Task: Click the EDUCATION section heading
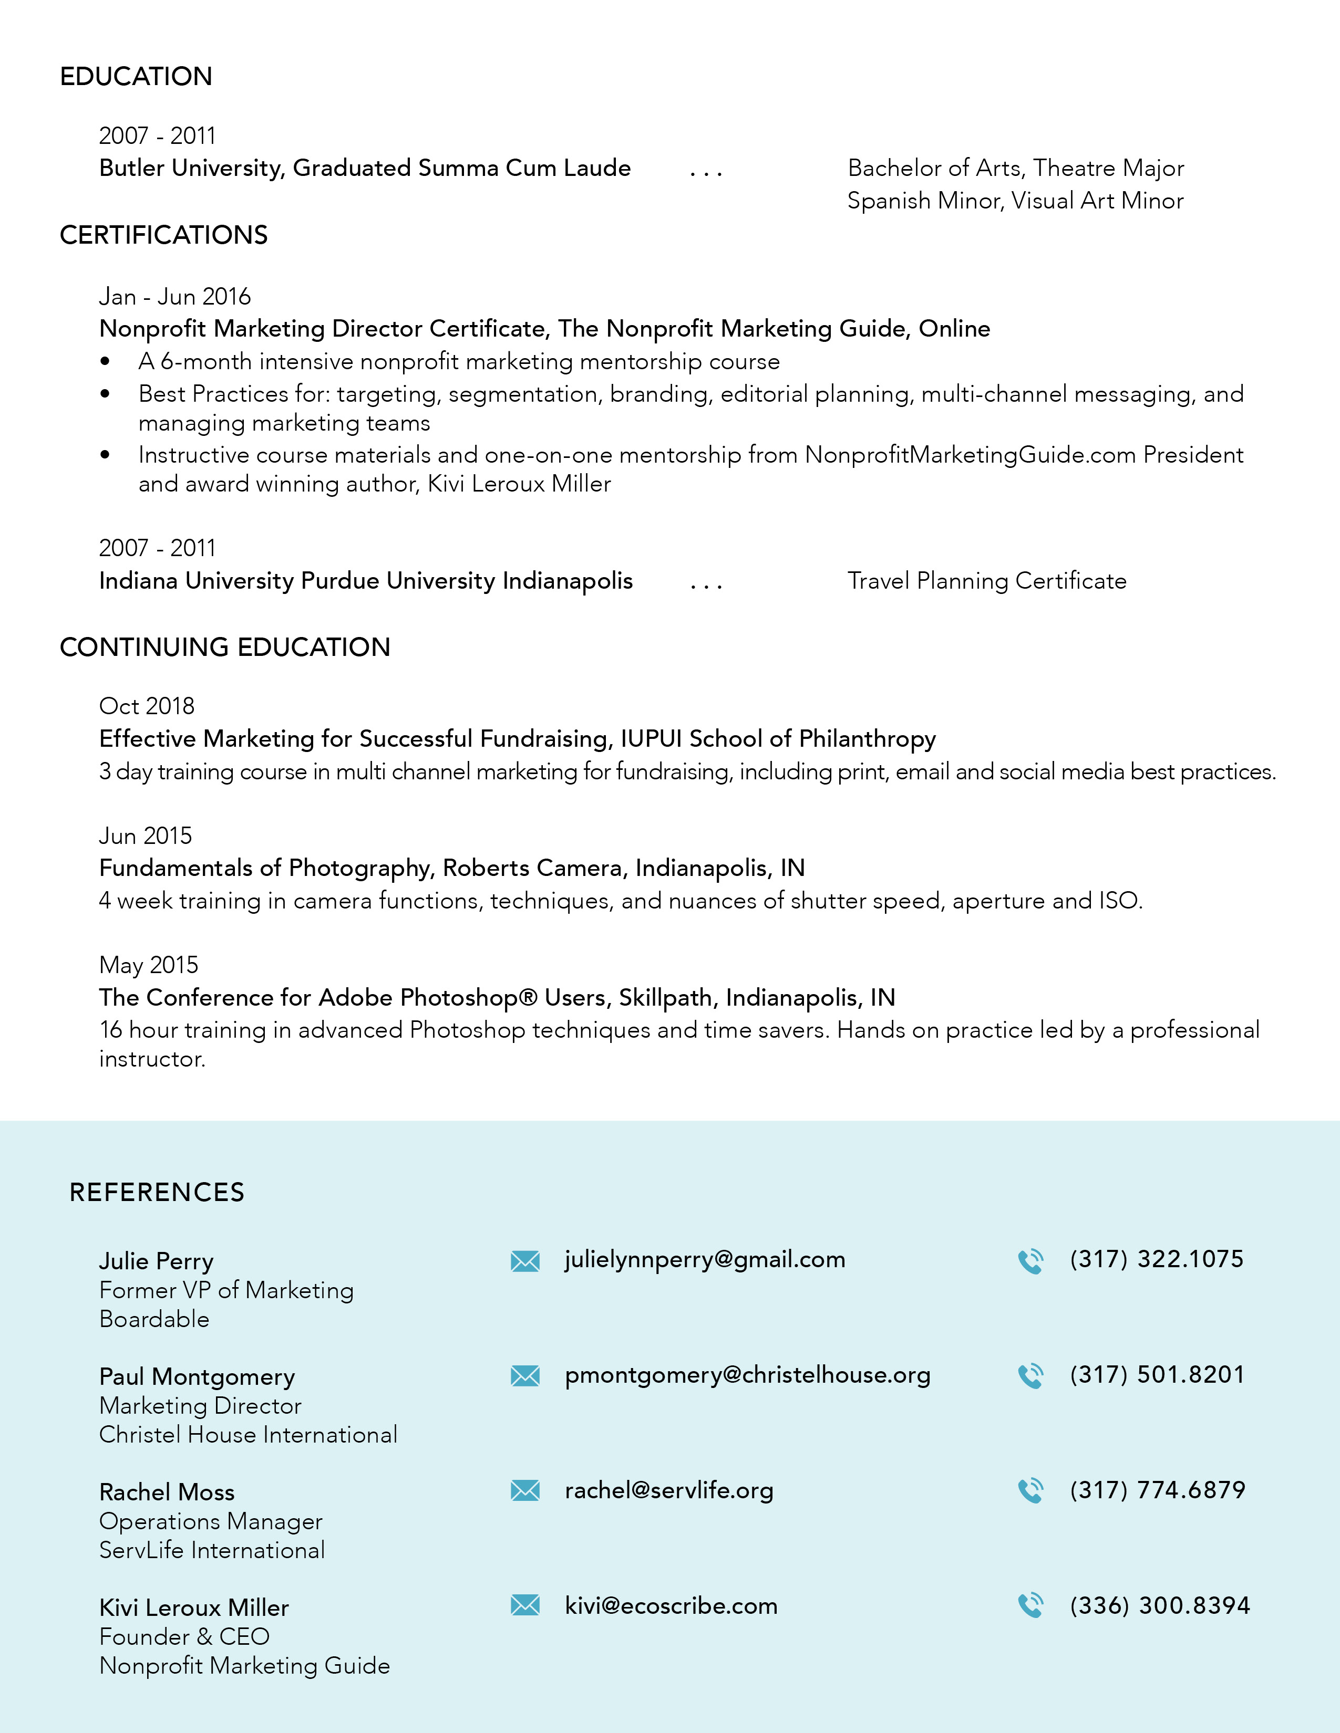(x=136, y=77)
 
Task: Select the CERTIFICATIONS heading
(x=163, y=236)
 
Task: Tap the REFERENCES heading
(x=157, y=1192)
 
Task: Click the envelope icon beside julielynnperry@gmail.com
(x=525, y=1261)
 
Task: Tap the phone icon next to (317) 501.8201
(x=1030, y=1376)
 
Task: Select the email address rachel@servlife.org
(x=668, y=1490)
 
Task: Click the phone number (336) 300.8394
(x=1159, y=1605)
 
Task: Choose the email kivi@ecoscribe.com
(x=671, y=1605)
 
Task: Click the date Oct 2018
(x=147, y=706)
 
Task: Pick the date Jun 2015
(x=145, y=836)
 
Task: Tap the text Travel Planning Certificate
(x=987, y=581)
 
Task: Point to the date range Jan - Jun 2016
(x=174, y=297)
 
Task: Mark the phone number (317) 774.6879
(x=1157, y=1490)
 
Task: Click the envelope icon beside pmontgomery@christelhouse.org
(x=525, y=1376)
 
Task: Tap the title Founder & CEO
(x=184, y=1636)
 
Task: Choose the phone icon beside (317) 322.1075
(x=1030, y=1261)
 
